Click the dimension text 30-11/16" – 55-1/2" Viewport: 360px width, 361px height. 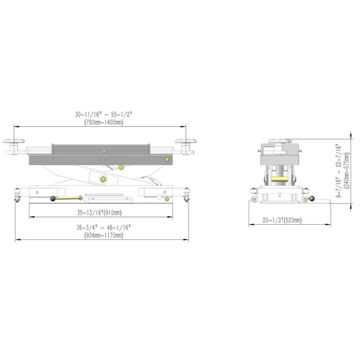coord(104,115)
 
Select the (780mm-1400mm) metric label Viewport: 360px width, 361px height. coord(104,122)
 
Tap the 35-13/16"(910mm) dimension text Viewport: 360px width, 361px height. coord(99,213)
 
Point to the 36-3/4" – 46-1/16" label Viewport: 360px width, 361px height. coord(104,227)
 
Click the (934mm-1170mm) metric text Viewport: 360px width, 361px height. coord(104,235)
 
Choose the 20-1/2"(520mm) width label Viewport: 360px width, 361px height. coord(282,220)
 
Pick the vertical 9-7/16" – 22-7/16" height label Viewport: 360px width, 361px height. coord(338,171)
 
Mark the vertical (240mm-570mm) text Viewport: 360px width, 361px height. coord(346,171)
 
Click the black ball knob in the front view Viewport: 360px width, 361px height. coord(53,199)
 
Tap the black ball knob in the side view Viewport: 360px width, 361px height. coord(312,199)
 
